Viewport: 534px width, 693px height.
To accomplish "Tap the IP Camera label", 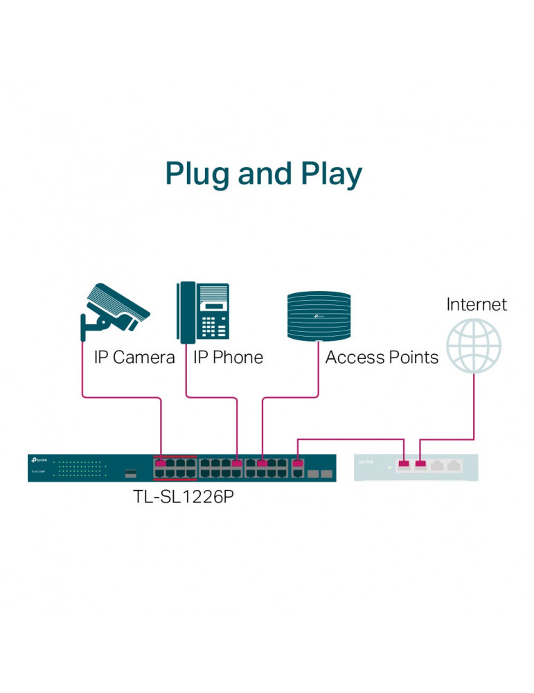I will [134, 358].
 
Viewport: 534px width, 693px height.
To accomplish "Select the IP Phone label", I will [228, 358].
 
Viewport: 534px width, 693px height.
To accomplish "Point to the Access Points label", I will [382, 358].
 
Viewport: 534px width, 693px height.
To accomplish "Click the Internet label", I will [477, 304].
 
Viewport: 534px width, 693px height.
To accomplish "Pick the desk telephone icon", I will [203, 312].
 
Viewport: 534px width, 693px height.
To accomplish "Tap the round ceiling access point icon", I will [320, 316].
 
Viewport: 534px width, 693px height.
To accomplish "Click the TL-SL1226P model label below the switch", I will [183, 499].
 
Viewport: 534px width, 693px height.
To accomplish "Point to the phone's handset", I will [185, 312].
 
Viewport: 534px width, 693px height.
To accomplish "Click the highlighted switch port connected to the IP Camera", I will [161, 462].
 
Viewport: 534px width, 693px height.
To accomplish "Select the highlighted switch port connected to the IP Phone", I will [238, 462].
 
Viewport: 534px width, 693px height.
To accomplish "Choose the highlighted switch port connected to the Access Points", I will [262, 462].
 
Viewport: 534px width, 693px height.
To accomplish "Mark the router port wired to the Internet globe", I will [420, 464].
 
